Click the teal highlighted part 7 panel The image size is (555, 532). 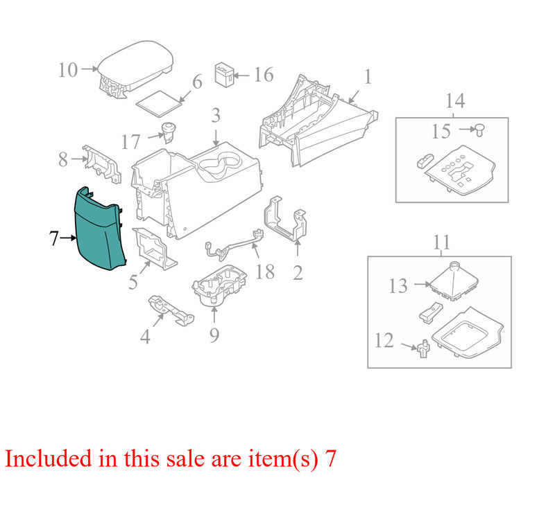pyautogui.click(x=99, y=230)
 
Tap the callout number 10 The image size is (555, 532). pyautogui.click(x=68, y=70)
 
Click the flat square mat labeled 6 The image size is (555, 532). pyautogui.click(x=160, y=104)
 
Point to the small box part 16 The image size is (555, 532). pyautogui.click(x=225, y=75)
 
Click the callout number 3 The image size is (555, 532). pyautogui.click(x=216, y=116)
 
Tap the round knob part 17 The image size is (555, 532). pyautogui.click(x=169, y=132)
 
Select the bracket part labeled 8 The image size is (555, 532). pyautogui.click(x=101, y=163)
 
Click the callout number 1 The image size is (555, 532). pyautogui.click(x=368, y=77)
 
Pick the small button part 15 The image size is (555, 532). pyautogui.click(x=479, y=130)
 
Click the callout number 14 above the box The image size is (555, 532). pyautogui.click(x=455, y=100)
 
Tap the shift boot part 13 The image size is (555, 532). pyautogui.click(x=454, y=282)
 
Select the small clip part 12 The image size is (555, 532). pyautogui.click(x=423, y=348)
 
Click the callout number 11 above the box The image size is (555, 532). pyautogui.click(x=441, y=242)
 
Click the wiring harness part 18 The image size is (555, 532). pyautogui.click(x=234, y=245)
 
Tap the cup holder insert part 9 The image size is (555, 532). pyautogui.click(x=219, y=285)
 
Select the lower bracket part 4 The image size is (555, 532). pyautogui.click(x=171, y=310)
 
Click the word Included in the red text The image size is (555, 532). pyautogui.click(x=48, y=459)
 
